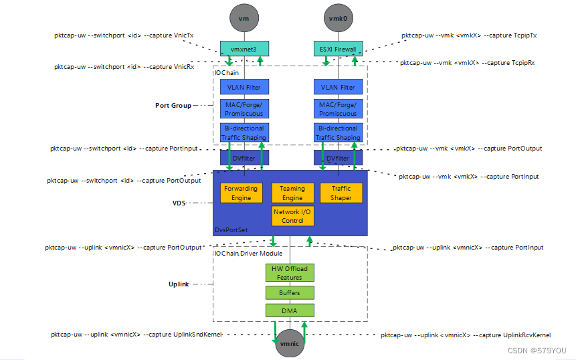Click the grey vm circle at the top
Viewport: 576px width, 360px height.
244,18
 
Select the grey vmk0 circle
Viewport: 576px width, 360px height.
338,18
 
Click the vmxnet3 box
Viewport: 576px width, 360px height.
244,49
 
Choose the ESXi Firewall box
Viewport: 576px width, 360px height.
338,49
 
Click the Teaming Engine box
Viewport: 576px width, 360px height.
292,193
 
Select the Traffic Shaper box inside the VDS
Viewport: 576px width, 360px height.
341,193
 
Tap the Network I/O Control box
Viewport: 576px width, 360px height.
292,216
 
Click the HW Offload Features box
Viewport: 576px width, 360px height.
289,272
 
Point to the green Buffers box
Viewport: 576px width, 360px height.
289,292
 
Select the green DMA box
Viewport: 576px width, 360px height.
289,310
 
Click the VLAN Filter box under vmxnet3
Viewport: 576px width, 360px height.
244,87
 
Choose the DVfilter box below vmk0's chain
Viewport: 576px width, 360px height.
338,158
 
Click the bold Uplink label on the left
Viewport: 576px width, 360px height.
177,284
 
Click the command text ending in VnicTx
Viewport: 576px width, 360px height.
123,35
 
